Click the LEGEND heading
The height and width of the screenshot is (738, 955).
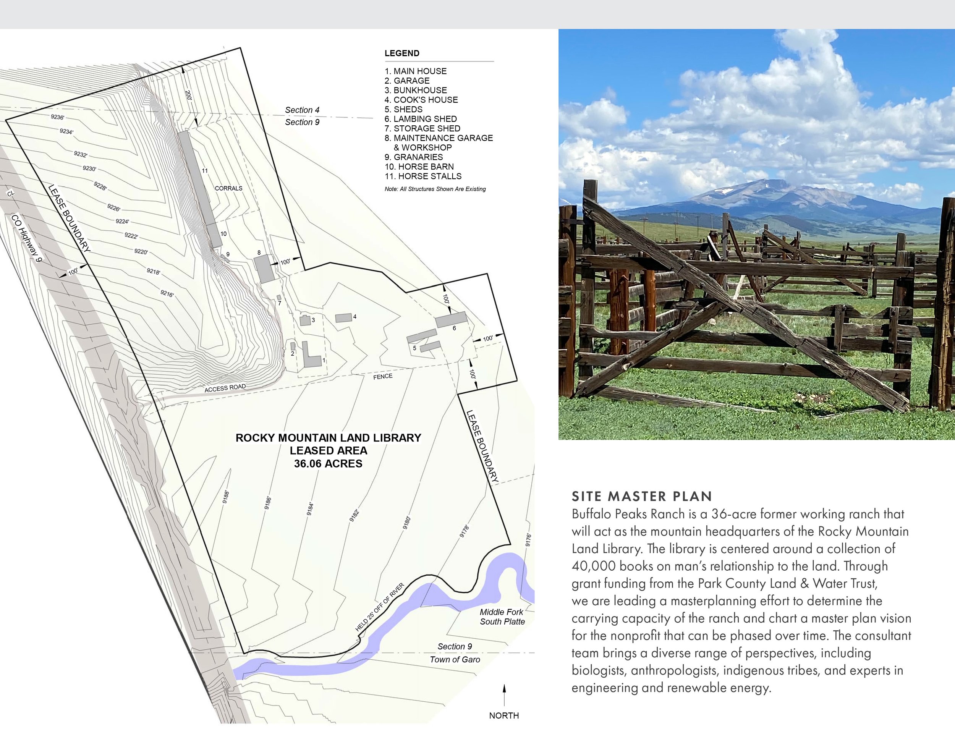pyautogui.click(x=402, y=53)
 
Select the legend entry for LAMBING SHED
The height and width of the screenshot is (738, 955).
pyautogui.click(x=421, y=119)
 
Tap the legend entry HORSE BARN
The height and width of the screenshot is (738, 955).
pyautogui.click(x=419, y=167)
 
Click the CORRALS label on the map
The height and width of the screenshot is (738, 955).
pyautogui.click(x=228, y=188)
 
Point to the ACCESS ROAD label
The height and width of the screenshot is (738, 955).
pyautogui.click(x=225, y=388)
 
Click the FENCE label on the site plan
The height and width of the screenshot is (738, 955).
pyautogui.click(x=383, y=376)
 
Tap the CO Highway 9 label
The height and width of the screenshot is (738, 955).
pyautogui.click(x=27, y=238)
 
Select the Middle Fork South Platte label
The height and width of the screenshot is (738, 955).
pyautogui.click(x=502, y=617)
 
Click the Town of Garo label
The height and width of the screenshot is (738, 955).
pyautogui.click(x=455, y=660)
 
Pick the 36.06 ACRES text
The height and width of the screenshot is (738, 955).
pyautogui.click(x=328, y=464)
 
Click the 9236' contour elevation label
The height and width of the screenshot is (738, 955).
pyautogui.click(x=57, y=117)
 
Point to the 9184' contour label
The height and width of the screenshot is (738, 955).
pyautogui.click(x=310, y=509)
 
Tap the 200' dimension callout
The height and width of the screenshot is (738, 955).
pyautogui.click(x=188, y=95)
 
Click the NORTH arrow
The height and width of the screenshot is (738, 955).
pyautogui.click(x=504, y=695)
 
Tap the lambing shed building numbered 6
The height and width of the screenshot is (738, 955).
pyautogui.click(x=451, y=319)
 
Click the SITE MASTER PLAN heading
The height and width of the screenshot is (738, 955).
pyautogui.click(x=642, y=496)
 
